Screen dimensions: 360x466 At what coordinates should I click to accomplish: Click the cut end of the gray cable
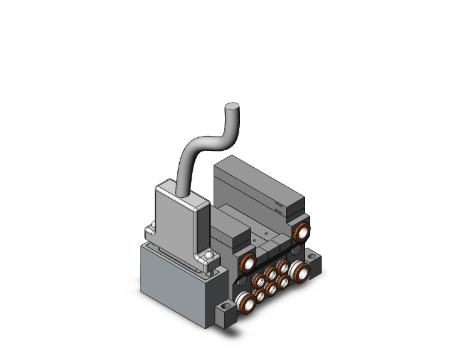point(232,107)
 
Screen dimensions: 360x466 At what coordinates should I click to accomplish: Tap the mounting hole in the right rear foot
point(313,257)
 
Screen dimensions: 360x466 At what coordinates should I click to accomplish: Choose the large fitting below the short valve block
point(248,261)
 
